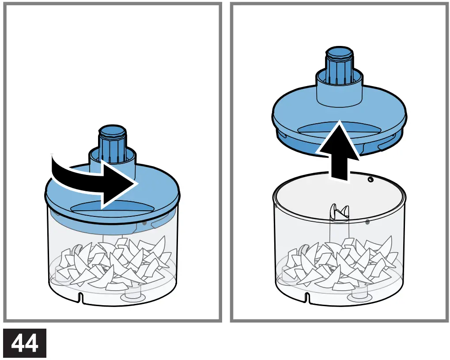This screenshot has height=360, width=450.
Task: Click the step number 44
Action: click(x=25, y=343)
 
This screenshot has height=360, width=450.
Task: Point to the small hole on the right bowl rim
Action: click(x=371, y=180)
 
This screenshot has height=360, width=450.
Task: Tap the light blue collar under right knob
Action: click(x=339, y=88)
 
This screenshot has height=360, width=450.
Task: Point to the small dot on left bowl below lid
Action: click(x=144, y=224)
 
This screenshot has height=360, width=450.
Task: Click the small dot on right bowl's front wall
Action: click(x=368, y=222)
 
